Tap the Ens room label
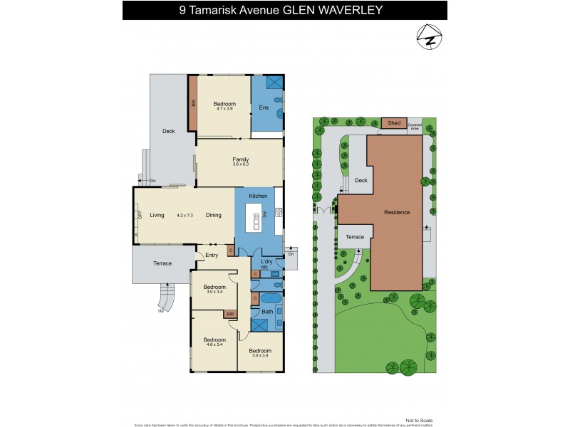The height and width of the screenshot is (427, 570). (263, 108)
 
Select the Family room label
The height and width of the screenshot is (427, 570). (240, 159)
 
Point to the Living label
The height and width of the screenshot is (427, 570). (157, 214)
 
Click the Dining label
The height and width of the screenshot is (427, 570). (214, 214)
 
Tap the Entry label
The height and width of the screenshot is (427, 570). (212, 255)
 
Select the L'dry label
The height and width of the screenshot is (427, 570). (267, 261)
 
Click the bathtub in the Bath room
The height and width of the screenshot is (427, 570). (270, 298)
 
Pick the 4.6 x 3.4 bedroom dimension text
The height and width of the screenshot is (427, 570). (214, 345)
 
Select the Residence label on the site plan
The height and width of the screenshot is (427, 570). (397, 212)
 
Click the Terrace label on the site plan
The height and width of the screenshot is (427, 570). (355, 237)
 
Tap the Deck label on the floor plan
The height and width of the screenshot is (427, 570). (168, 131)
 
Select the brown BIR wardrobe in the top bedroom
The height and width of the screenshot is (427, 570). (192, 103)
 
